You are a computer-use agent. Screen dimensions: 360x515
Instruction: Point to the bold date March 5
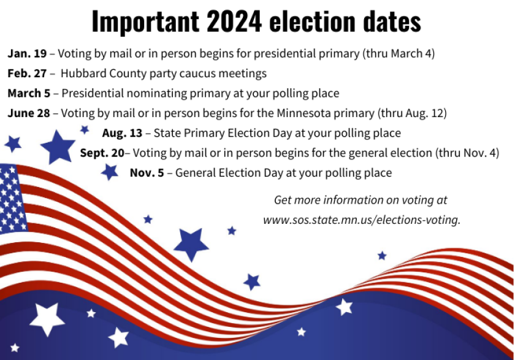30,94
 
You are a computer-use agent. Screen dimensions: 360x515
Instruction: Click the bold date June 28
29,113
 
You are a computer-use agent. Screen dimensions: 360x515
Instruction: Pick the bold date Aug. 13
123,133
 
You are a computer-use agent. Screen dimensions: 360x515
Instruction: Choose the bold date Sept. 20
102,153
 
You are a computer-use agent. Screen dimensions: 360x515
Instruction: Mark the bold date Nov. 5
147,173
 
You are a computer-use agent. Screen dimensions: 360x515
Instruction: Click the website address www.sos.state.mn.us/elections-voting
361,220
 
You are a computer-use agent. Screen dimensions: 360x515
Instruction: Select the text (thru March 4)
399,53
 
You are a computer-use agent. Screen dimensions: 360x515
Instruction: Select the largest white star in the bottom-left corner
47,318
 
